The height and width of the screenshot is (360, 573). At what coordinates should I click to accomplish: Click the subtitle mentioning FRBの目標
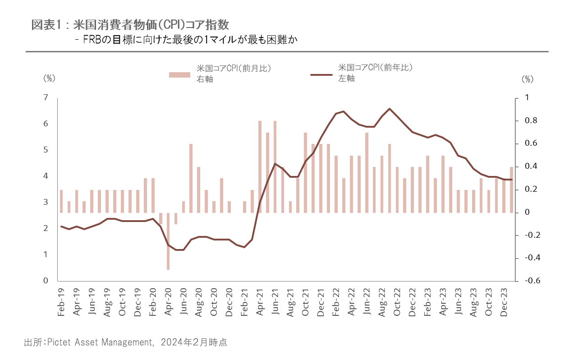pos(188,40)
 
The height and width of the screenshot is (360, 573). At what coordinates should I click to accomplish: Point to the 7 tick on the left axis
pos(46,98)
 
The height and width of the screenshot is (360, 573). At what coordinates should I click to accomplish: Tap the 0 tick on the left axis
pos(46,281)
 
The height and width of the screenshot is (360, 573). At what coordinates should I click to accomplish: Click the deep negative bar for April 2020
pos(168,241)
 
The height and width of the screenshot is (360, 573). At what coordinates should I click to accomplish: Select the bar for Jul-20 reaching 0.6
pos(191,178)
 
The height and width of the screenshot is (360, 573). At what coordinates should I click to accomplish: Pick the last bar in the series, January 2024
pos(511,189)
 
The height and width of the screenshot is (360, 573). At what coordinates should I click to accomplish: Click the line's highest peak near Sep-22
pos(390,109)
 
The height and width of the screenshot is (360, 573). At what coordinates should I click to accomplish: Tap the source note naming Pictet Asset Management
pos(125,342)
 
